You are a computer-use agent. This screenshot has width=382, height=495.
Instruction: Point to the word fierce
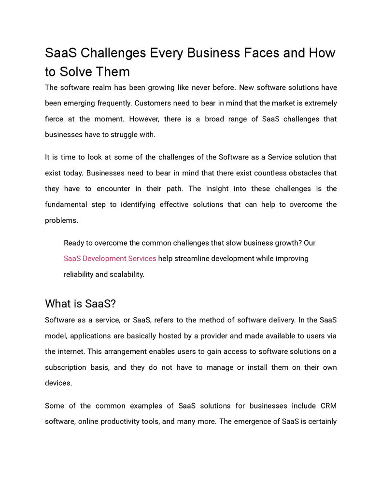[55, 119]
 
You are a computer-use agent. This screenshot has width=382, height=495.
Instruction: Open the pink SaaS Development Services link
[110, 259]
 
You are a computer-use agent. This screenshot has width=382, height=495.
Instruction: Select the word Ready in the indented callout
[74, 243]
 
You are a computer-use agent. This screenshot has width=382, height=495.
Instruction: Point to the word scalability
[127, 275]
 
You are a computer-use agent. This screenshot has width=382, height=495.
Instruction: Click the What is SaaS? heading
[80, 304]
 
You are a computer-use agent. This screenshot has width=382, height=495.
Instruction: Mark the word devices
[58, 383]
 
